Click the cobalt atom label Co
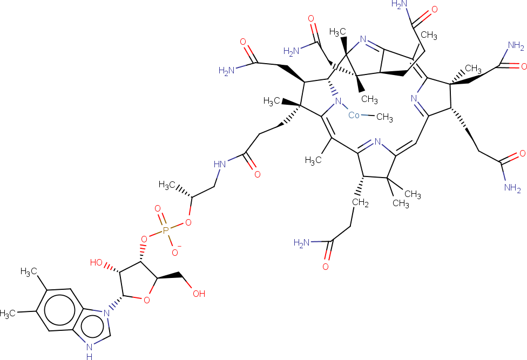tap(354, 115)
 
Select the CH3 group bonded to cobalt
tap(384, 117)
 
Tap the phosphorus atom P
tap(165, 230)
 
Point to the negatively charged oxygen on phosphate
tap(175, 251)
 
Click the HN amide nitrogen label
tap(220, 164)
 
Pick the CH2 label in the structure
tap(360, 203)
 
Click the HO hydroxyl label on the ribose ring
tap(97, 262)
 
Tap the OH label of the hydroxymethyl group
tap(199, 294)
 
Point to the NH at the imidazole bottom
tap(90, 351)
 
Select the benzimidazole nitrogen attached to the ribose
tap(107, 314)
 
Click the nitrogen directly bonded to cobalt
tap(338, 101)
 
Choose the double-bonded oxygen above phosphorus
tap(157, 209)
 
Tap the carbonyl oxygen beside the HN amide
tap(258, 174)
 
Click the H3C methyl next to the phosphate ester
tap(167, 185)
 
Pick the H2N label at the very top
tap(400, 4)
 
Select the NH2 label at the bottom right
tap(513, 187)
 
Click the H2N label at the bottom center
tap(302, 243)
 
